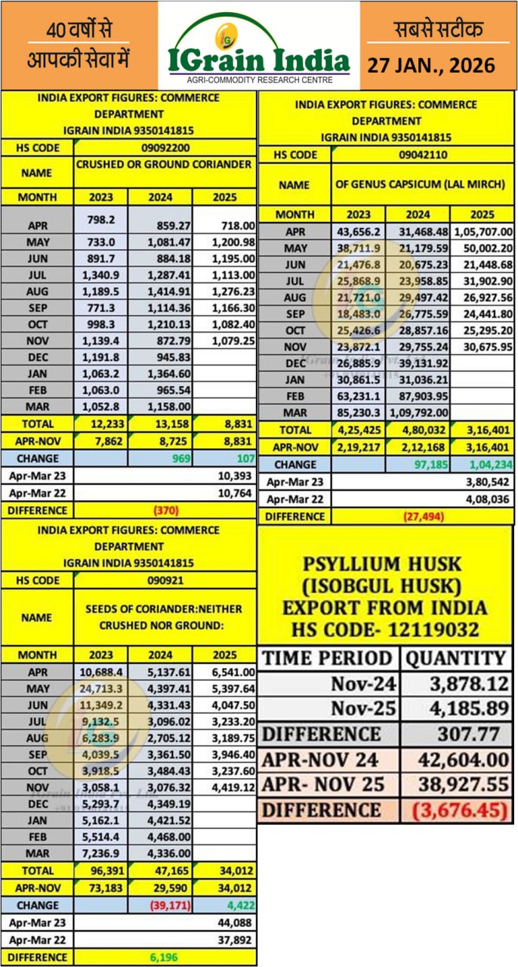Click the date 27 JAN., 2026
pos(431,65)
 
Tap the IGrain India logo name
pos(259,60)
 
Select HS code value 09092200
pos(165,148)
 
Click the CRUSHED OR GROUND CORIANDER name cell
pos(165,164)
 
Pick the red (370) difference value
pos(165,510)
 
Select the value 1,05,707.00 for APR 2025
pos(482,232)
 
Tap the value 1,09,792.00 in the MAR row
pos(419,413)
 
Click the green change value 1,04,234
pos(482,465)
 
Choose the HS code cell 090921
pos(165,580)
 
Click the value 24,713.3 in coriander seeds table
pos(101,689)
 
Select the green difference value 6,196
pos(165,957)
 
